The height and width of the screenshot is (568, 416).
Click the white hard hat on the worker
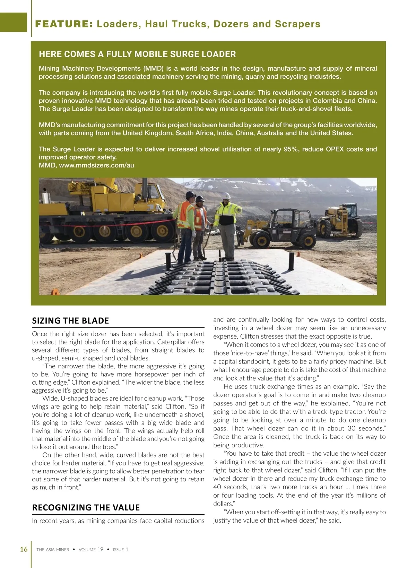pos(226,195)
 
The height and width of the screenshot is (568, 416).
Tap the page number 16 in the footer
pos(24,549)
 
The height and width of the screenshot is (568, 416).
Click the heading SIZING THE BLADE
pos(70,321)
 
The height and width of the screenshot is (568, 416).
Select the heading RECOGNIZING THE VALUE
pos(86,507)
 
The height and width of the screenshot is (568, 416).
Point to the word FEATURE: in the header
pos(64,24)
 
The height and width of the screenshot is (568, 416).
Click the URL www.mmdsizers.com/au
pos(96,165)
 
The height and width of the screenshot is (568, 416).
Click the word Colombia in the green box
pos(328,101)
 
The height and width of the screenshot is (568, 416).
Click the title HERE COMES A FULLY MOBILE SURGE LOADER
pos(137,54)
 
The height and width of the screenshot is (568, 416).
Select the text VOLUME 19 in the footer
pos(91,549)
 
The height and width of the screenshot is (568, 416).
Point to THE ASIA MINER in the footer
pos(53,549)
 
